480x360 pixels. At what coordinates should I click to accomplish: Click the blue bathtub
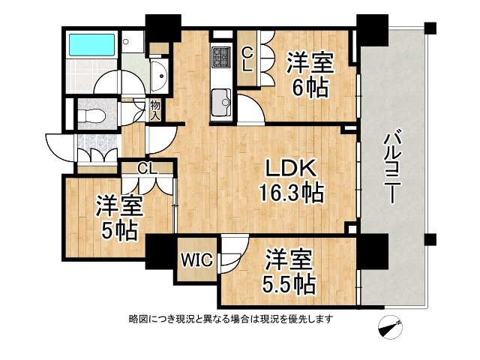click(x=91, y=45)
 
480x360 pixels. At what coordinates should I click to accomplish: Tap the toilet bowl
click(x=91, y=115)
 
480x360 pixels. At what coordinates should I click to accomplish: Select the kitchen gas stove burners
click(x=222, y=57)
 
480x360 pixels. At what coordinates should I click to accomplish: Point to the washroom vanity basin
click(x=159, y=76)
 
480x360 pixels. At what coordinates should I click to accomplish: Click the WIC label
click(x=196, y=260)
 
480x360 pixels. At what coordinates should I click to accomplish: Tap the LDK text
click(x=290, y=168)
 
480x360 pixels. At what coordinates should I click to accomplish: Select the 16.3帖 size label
click(x=292, y=193)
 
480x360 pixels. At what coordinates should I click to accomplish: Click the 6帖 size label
click(x=310, y=88)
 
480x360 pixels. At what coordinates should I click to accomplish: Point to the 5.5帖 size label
click(x=289, y=284)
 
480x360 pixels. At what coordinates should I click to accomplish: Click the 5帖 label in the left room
click(x=119, y=230)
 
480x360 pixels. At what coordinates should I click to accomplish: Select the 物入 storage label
click(x=155, y=110)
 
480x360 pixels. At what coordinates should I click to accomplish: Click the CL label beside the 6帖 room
click(x=247, y=61)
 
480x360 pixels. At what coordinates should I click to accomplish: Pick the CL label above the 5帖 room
click(x=147, y=168)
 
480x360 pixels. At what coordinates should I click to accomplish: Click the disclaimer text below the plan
click(x=231, y=319)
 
